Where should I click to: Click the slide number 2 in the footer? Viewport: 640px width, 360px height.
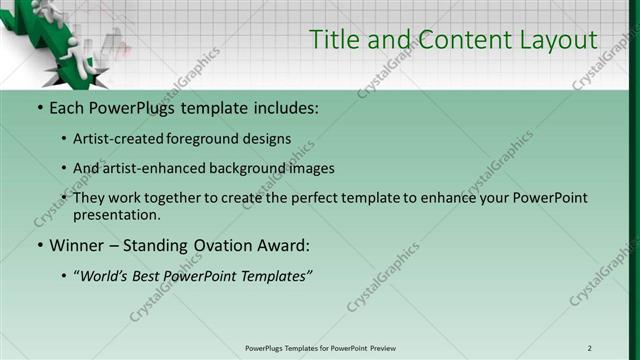point(589,348)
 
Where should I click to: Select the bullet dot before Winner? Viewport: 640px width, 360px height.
point(39,245)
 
